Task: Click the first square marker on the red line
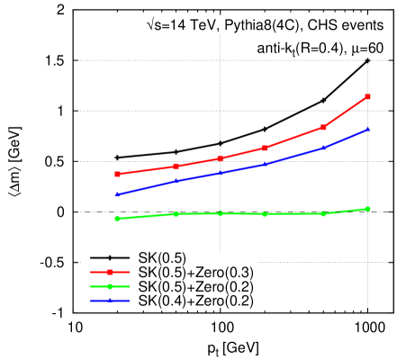point(118,174)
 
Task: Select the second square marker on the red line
point(176,166)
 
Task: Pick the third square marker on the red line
point(221,158)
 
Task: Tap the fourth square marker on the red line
point(265,148)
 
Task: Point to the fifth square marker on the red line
point(323,128)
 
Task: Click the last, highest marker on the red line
point(368,96)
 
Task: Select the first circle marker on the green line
point(118,218)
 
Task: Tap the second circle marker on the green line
point(176,213)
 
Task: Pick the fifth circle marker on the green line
point(323,213)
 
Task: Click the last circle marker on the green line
point(368,209)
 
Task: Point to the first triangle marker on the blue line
point(118,194)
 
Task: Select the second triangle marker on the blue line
point(176,181)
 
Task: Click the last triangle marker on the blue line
point(368,130)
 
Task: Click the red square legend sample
point(110,271)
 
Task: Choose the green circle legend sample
point(110,286)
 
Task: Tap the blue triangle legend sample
point(110,301)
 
